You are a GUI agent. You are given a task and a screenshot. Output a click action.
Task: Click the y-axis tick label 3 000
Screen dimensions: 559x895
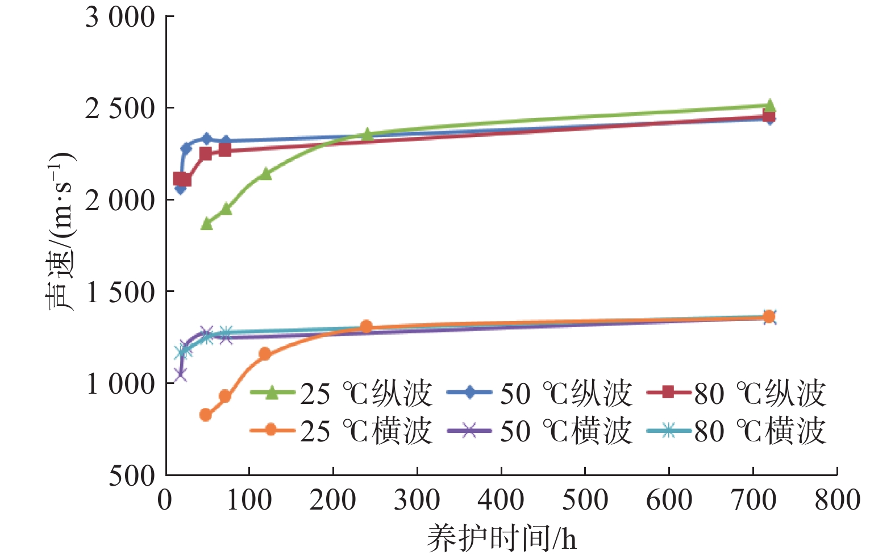[x=120, y=18]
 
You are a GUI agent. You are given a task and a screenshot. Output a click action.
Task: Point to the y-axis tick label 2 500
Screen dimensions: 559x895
[x=120, y=109]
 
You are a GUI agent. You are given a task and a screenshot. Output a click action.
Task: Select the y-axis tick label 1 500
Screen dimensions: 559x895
[x=120, y=293]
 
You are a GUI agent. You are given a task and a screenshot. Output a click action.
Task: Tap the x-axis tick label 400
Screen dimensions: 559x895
[x=501, y=500]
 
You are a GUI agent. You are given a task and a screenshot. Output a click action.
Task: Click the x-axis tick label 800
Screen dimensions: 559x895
[x=837, y=500]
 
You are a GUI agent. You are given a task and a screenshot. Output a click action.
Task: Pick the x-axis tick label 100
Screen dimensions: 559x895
[x=249, y=500]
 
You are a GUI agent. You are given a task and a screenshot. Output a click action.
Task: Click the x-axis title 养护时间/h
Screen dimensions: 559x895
[x=501, y=537]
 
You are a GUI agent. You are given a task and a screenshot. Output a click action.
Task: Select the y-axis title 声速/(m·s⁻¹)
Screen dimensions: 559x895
[x=60, y=232]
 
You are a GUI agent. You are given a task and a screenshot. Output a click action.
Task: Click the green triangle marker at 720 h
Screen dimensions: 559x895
[x=770, y=106]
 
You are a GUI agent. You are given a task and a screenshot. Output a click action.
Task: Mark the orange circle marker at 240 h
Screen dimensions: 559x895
[x=367, y=327]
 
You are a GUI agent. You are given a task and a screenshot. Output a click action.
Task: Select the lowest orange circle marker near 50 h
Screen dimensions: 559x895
[x=206, y=415]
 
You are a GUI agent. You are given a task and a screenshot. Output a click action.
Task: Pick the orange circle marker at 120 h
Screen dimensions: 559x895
[x=265, y=354]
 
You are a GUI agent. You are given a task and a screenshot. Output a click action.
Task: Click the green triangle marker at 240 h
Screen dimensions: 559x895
[x=367, y=135]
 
